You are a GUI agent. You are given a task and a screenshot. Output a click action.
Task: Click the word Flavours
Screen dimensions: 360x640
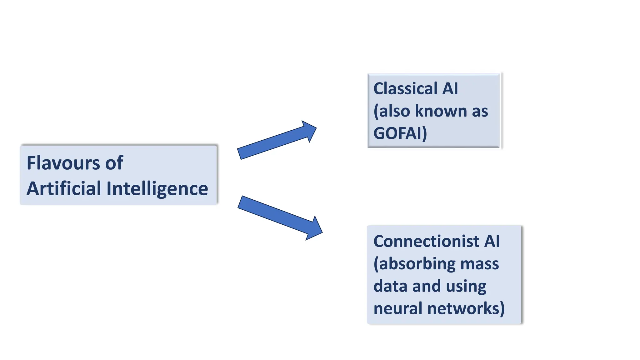click(x=63, y=163)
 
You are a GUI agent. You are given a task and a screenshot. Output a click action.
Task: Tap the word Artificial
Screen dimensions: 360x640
click(x=64, y=188)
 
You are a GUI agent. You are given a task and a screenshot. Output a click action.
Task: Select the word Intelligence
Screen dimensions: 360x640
click(x=157, y=189)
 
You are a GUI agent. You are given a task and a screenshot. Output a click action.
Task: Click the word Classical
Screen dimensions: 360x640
click(x=405, y=88)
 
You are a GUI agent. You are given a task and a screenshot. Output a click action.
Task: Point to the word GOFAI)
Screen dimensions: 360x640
click(x=400, y=133)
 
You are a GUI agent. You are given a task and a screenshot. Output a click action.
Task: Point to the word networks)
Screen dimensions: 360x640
click(x=466, y=308)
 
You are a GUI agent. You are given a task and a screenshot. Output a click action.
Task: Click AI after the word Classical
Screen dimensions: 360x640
click(x=450, y=88)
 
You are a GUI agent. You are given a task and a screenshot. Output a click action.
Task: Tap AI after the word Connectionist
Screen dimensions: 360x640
click(x=492, y=241)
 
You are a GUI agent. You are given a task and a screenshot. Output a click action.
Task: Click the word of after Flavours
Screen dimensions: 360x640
click(x=114, y=163)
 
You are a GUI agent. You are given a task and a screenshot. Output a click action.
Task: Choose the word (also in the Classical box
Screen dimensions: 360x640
click(x=392, y=111)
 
